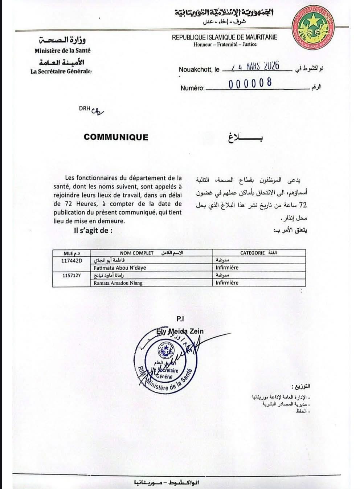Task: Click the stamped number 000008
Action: pos(250,83)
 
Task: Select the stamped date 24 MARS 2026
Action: pos(255,66)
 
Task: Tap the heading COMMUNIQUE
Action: pos(116,137)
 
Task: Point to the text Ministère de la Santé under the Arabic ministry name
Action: pos(63,51)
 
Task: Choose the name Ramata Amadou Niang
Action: pos(118,283)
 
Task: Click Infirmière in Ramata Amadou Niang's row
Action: pos(227,283)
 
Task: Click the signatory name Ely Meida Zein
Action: pos(180,331)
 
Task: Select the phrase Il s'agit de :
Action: pos(93,230)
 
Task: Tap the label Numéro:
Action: pos(192,88)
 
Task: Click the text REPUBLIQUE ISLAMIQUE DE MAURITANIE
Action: pos(224,37)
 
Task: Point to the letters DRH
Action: pos(84,108)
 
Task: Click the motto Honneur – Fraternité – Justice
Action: pos(225,44)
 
